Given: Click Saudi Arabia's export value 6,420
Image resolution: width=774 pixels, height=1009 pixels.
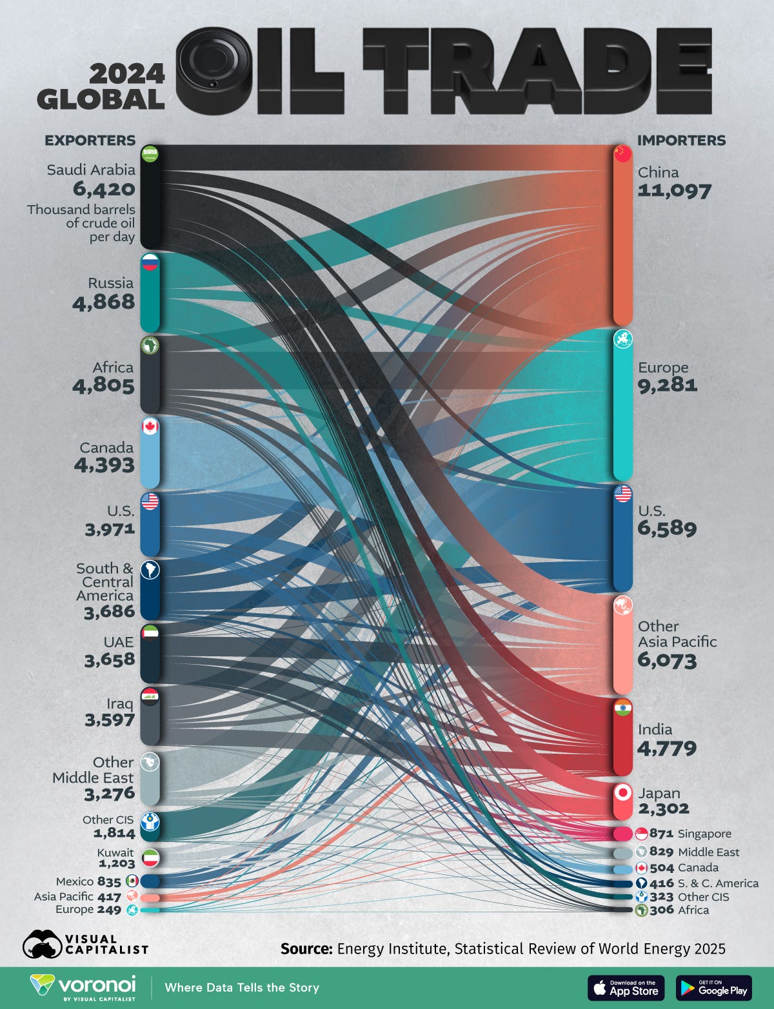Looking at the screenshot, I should [104, 189].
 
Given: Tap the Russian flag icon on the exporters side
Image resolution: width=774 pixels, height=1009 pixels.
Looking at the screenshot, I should [150, 262].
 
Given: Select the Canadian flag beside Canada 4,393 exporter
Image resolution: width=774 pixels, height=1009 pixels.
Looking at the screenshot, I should [150, 426].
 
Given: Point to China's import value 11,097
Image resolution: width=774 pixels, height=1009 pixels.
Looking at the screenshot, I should [674, 191].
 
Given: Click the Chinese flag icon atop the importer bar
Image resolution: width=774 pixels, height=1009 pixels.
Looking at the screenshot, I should [622, 153].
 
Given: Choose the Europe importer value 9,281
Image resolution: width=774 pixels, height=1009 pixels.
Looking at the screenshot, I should [668, 385].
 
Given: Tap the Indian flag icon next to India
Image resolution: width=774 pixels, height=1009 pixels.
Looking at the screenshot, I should [623, 708].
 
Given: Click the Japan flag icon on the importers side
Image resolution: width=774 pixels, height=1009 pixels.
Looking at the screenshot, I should [623, 792].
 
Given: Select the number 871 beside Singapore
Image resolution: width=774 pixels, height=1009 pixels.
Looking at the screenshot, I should [661, 834].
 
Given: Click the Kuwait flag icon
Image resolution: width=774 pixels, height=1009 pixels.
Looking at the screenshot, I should [150, 858].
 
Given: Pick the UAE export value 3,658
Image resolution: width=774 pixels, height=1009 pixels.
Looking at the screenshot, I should [110, 660].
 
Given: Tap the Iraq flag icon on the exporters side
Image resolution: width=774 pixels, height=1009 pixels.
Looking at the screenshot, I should [150, 696].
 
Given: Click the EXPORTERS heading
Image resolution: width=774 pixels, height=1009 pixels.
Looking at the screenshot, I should [90, 141].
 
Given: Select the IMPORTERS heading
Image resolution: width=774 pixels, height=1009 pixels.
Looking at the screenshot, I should [681, 141].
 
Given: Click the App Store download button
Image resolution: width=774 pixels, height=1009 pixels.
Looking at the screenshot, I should [626, 988].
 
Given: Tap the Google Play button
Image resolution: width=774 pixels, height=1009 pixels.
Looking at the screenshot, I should [713, 988].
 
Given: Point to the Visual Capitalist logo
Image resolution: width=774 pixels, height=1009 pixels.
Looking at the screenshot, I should [85, 945].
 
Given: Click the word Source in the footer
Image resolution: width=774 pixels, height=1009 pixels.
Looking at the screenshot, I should [306, 949].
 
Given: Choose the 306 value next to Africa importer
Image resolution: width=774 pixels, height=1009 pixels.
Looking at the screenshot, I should [662, 910].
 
